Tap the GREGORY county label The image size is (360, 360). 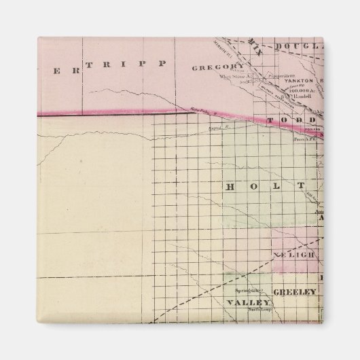[x=217, y=67]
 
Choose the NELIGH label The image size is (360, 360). [x=295, y=254]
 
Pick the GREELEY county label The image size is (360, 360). [x=295, y=291]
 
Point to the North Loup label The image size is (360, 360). [x=260, y=309]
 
